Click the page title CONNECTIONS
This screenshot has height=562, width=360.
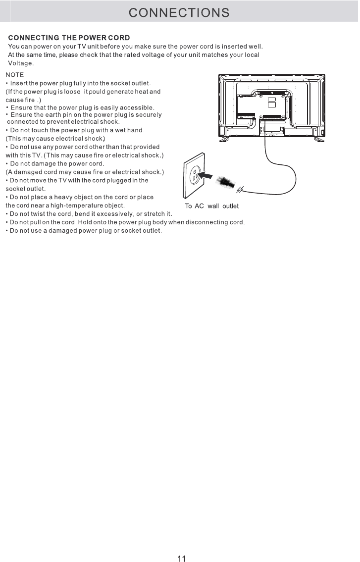coord(179,12)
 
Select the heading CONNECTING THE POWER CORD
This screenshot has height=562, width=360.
coord(69,38)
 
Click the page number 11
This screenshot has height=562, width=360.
coord(181,559)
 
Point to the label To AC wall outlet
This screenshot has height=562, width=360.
coord(211,206)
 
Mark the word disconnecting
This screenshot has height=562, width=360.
coord(207,222)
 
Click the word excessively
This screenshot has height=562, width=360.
coord(113,213)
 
